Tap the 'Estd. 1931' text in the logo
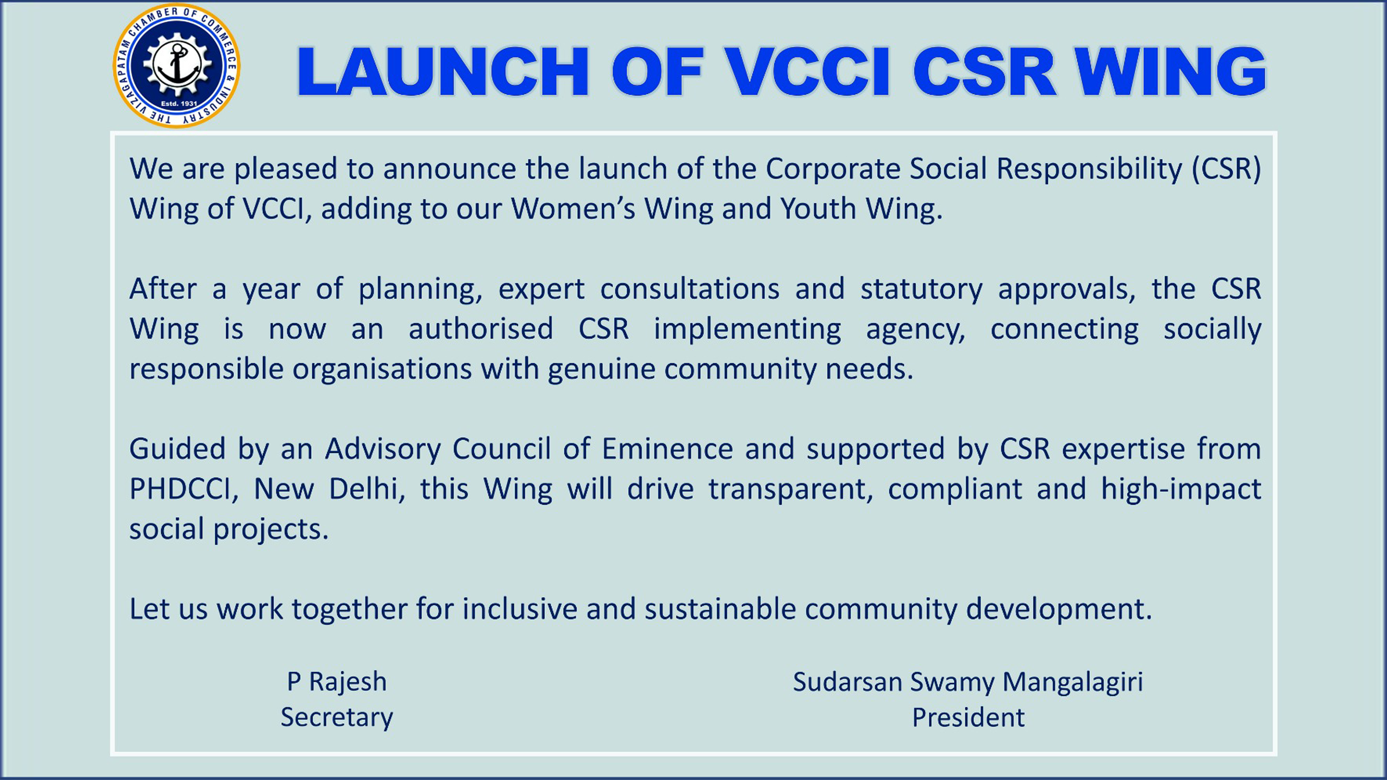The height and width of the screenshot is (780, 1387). (x=179, y=103)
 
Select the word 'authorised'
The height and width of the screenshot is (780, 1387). (x=481, y=329)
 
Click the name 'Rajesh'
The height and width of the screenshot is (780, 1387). (x=348, y=682)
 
